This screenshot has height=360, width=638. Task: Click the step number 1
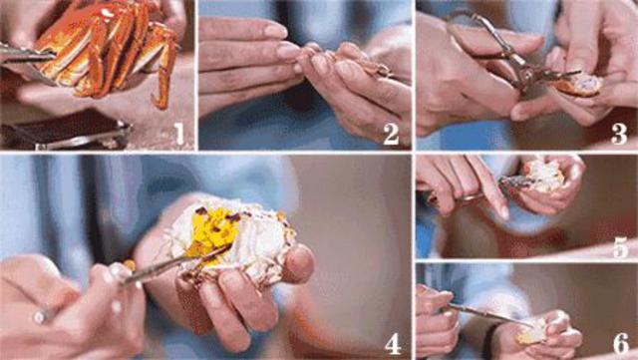(179, 134)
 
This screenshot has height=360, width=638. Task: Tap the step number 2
(391, 134)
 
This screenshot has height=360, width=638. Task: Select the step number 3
(619, 134)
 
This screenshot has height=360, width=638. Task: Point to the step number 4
(393, 344)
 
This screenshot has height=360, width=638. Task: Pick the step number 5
(621, 246)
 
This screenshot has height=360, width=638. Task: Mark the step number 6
(621, 344)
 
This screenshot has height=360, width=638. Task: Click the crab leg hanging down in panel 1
(162, 78)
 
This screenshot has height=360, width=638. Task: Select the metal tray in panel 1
(65, 133)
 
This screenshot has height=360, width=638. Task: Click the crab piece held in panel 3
(578, 85)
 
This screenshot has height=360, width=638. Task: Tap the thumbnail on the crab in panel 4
(299, 262)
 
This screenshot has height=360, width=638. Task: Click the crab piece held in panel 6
(531, 332)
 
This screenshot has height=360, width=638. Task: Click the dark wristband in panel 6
(487, 341)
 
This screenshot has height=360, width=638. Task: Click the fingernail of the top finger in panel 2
(275, 30)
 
